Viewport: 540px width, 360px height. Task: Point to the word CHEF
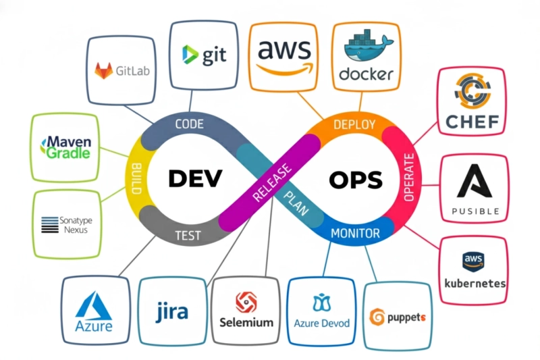tap(473, 122)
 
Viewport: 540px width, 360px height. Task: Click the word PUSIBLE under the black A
tap(475, 211)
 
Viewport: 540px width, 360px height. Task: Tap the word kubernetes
tap(475, 283)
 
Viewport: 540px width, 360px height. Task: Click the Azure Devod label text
tap(322, 323)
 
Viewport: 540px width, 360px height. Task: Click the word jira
tap(172, 313)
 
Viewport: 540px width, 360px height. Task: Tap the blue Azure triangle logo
tap(94, 307)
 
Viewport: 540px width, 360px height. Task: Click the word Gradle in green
tap(68, 153)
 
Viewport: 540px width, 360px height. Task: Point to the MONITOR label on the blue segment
tap(354, 234)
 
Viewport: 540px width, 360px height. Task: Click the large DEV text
tap(194, 180)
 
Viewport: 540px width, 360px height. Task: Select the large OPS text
tap(355, 180)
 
